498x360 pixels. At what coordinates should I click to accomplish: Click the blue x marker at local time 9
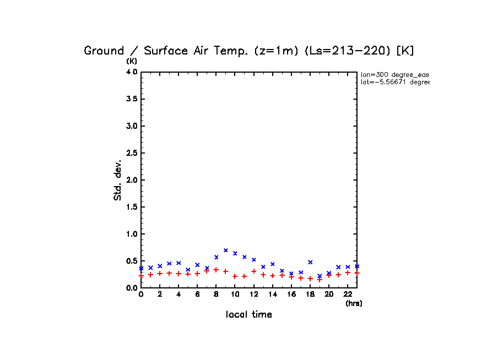point(225,250)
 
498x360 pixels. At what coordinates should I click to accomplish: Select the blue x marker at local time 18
point(310,262)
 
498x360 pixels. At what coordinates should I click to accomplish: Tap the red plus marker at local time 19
point(320,280)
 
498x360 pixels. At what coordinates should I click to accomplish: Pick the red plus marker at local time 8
point(216,270)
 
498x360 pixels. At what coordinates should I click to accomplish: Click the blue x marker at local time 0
point(141,268)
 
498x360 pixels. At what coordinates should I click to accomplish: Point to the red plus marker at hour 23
point(357,273)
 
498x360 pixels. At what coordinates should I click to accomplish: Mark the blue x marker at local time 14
point(272,264)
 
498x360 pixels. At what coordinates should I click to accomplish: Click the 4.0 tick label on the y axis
point(131,72)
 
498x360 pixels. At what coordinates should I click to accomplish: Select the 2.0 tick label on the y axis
point(131,180)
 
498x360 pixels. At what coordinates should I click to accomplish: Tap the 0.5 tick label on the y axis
point(131,261)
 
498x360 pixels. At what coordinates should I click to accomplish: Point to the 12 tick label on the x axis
point(253,295)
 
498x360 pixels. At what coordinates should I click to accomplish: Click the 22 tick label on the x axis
point(348,295)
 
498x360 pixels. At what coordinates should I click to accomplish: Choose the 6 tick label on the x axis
point(197,295)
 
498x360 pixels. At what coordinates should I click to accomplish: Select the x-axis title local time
point(249,315)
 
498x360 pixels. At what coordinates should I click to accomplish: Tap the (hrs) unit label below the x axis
point(354,303)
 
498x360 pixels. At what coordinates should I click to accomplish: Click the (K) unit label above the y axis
point(132,61)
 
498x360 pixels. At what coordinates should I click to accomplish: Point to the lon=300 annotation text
point(394,74)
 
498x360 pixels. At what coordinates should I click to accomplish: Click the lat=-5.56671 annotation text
point(394,82)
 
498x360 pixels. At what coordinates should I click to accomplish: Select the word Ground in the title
point(104,51)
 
